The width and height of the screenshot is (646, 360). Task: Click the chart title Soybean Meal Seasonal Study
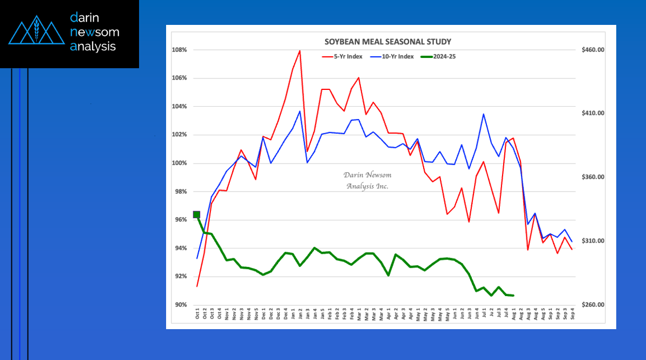(x=387, y=42)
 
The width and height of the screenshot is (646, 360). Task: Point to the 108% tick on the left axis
(x=180, y=50)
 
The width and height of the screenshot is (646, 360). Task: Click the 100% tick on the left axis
(x=180, y=163)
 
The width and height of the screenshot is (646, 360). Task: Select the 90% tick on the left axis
(x=180, y=305)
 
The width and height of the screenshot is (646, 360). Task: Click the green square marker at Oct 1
(x=197, y=215)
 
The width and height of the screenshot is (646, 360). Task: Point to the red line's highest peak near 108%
(x=300, y=51)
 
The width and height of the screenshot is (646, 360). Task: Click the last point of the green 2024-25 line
(x=513, y=296)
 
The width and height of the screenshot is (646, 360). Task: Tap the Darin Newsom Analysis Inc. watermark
(x=367, y=180)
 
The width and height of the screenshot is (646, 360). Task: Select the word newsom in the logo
(x=95, y=32)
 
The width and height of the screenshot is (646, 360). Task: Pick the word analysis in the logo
(x=93, y=47)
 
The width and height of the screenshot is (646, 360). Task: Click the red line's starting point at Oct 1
(x=197, y=286)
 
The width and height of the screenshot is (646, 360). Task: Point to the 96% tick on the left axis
(x=180, y=220)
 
